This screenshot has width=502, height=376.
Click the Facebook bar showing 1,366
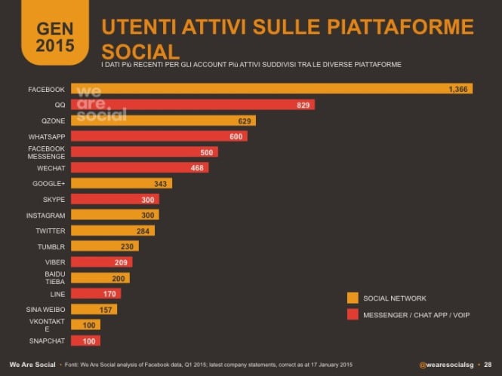click(x=272, y=89)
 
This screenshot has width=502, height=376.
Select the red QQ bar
click(x=192, y=105)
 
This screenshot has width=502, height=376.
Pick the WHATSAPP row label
click(x=47, y=136)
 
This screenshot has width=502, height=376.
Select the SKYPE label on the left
click(x=54, y=199)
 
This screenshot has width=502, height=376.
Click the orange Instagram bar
click(x=115, y=215)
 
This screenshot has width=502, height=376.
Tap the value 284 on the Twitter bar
click(x=144, y=231)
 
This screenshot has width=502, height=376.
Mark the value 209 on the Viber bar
click(x=122, y=262)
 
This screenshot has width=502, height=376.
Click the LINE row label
click(x=57, y=293)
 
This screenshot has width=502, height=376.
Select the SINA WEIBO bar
click(x=94, y=309)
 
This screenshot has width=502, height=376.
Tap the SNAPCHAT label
click(x=48, y=341)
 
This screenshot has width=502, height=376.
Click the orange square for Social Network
click(x=353, y=298)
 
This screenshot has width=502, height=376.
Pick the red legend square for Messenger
click(x=353, y=313)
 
